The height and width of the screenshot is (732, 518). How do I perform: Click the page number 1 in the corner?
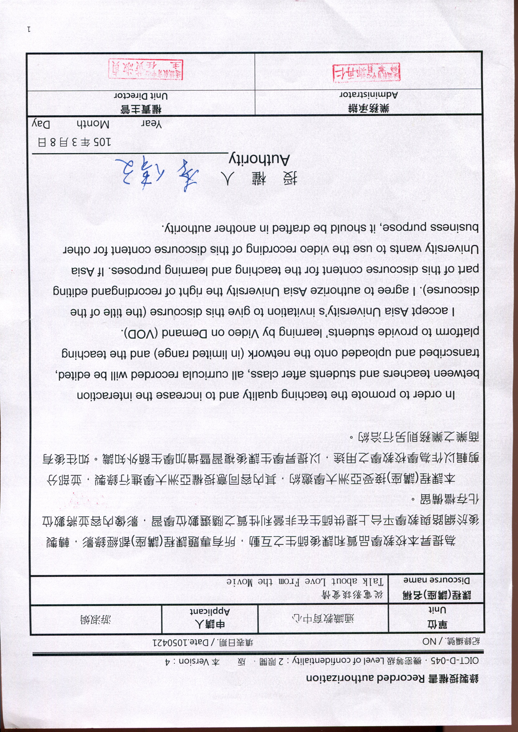[29, 30]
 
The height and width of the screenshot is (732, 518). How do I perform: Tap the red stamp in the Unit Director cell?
[145, 69]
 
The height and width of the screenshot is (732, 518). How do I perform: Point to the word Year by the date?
[152, 124]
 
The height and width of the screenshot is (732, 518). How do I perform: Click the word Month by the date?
[93, 124]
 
